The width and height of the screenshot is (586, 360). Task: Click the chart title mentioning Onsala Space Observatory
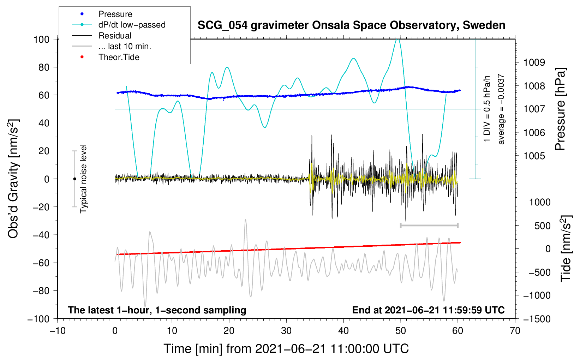coord(351,25)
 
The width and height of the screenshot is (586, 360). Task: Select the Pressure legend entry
coord(102,14)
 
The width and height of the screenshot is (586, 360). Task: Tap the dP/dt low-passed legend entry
coord(119,25)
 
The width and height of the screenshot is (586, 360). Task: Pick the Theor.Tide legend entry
coord(106,57)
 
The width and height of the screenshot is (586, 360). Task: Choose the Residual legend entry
coord(102,36)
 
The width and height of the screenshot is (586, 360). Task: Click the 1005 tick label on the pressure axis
coord(534,156)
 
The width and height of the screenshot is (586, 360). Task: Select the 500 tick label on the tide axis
coord(542,226)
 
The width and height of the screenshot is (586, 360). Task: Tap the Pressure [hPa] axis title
coord(560,109)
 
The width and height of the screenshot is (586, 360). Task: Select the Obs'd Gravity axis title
coord(13,179)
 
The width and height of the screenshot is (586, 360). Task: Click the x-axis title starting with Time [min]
coord(286,349)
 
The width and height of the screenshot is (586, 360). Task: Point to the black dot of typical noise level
coord(74,179)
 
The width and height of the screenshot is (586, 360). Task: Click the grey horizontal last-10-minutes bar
coord(429,225)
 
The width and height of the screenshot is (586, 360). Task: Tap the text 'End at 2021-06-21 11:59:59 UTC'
coord(428,310)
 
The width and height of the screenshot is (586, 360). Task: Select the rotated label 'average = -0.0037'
coord(501,109)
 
